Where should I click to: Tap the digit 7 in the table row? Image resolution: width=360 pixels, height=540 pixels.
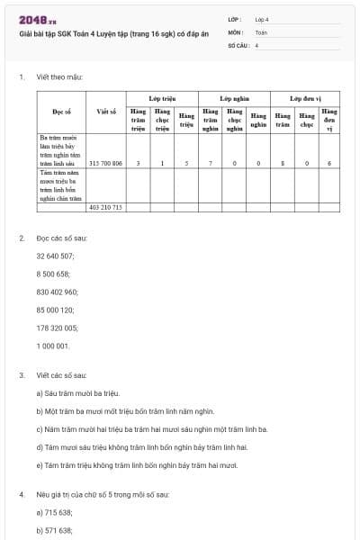point(211,164)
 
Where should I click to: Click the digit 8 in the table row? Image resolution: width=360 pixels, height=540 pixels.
point(283,164)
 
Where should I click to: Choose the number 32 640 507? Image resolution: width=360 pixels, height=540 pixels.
point(55,256)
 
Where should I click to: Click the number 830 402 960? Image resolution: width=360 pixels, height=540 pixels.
point(57,292)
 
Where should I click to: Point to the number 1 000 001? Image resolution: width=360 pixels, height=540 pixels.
point(52,346)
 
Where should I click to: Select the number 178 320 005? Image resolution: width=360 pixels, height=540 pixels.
point(57,328)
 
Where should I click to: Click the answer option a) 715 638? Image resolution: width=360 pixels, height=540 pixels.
point(54,511)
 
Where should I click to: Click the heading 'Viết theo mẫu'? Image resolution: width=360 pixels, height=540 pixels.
point(60,77)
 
